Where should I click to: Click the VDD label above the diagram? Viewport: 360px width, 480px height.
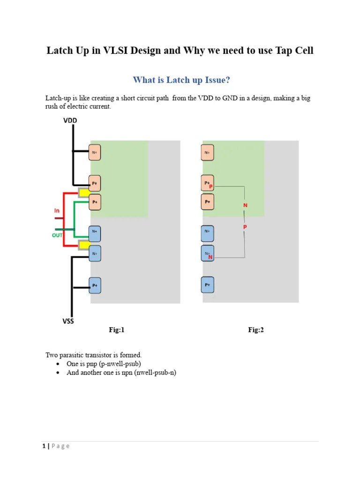point(70,121)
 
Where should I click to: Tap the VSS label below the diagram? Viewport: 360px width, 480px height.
point(68,321)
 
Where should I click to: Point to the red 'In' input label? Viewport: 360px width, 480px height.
point(57,211)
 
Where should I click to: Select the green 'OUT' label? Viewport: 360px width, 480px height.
point(57,235)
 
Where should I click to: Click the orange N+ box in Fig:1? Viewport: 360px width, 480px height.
point(95,152)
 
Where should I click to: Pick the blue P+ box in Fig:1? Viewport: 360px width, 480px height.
point(95,285)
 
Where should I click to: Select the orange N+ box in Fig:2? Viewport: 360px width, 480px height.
point(207,152)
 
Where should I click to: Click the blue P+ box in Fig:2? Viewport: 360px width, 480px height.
point(207,285)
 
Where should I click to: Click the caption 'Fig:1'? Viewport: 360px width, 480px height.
point(117,330)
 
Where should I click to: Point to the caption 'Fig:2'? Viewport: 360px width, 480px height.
point(256,330)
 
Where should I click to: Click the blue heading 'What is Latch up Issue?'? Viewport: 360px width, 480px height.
point(181,80)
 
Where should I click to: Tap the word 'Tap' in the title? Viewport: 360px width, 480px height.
point(282,51)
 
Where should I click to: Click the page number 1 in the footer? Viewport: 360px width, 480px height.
point(44,446)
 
